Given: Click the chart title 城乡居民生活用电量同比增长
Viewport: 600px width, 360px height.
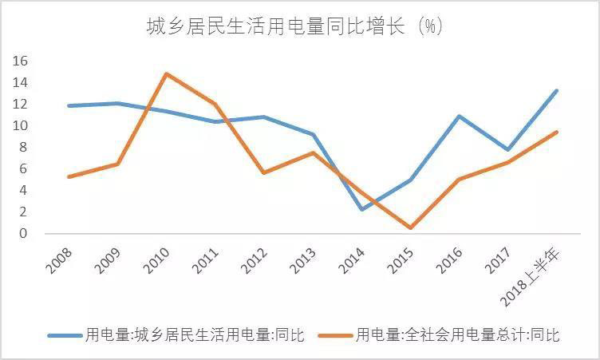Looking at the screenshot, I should click(294, 27).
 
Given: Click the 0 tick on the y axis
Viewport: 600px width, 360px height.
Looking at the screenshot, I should click(24, 234).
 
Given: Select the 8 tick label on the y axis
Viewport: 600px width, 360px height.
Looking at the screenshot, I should click(24, 147).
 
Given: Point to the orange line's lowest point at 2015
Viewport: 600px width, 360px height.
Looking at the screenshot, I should click(410, 228).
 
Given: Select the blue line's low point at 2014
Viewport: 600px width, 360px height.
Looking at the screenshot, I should click(361, 209).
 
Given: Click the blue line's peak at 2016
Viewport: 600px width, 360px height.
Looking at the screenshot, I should click(459, 117).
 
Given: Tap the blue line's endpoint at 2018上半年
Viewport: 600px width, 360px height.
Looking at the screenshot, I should click(556, 90).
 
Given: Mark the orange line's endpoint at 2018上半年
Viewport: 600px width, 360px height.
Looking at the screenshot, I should click(556, 132).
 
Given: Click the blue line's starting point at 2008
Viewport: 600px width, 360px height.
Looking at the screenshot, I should click(69, 105).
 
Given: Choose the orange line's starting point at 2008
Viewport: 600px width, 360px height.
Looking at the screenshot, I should click(69, 176).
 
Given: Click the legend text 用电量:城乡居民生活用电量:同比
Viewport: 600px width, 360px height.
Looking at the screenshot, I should click(195, 335).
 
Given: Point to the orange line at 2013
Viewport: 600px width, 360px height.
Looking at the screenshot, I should click(313, 152).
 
